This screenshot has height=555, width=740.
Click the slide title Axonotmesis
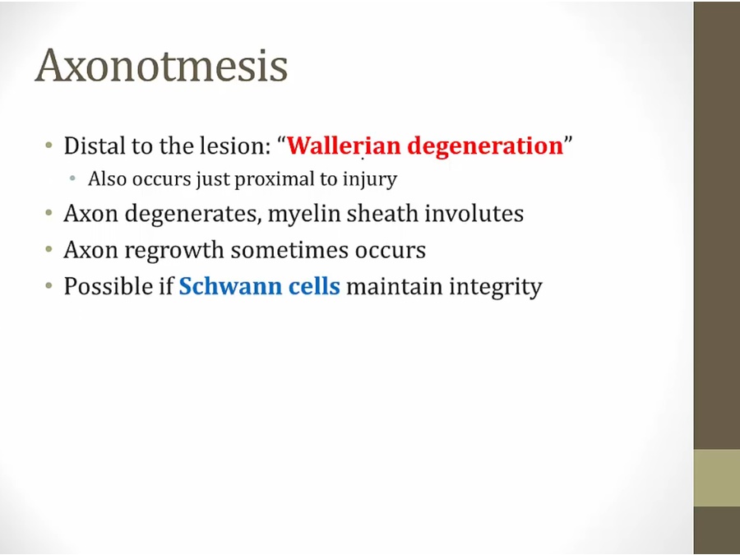[161, 66]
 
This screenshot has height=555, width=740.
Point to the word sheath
[382, 213]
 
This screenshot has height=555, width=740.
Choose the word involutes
[474, 213]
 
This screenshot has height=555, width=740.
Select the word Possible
[101, 286]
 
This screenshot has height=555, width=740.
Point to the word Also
[107, 179]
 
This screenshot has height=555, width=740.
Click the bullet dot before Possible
[49, 285]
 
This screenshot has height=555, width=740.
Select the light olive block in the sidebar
[716, 478]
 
